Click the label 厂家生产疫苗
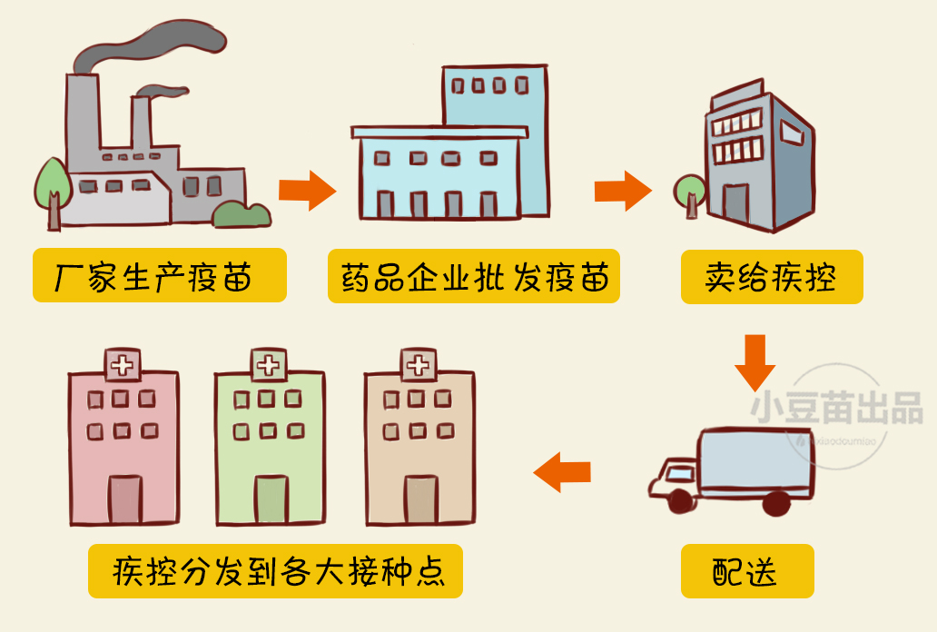click(159, 275)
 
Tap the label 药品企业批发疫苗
click(473, 276)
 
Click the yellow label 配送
click(746, 571)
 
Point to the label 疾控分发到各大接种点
click(275, 570)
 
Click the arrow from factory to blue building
click(307, 191)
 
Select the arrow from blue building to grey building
click(622, 191)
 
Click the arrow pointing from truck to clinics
click(562, 472)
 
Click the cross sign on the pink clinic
click(120, 366)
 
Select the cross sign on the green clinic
click(268, 365)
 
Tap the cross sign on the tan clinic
click(417, 366)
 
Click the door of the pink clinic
click(124, 500)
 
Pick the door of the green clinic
click(271, 500)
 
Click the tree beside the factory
click(53, 182)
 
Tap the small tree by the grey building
click(689, 191)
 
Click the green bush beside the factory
click(242, 214)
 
